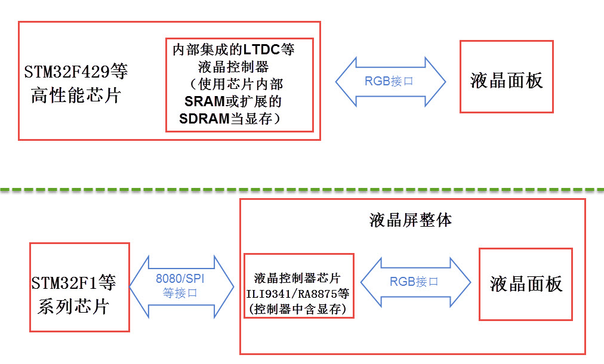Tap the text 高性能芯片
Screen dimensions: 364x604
(x=76, y=95)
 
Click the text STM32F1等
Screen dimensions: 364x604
(x=74, y=282)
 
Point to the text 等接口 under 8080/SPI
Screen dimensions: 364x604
(x=180, y=294)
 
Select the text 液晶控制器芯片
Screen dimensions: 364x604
(x=297, y=278)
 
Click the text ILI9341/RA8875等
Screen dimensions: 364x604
(x=298, y=294)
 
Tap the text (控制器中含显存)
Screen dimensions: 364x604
(x=298, y=309)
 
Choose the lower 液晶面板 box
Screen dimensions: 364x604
(x=526, y=284)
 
